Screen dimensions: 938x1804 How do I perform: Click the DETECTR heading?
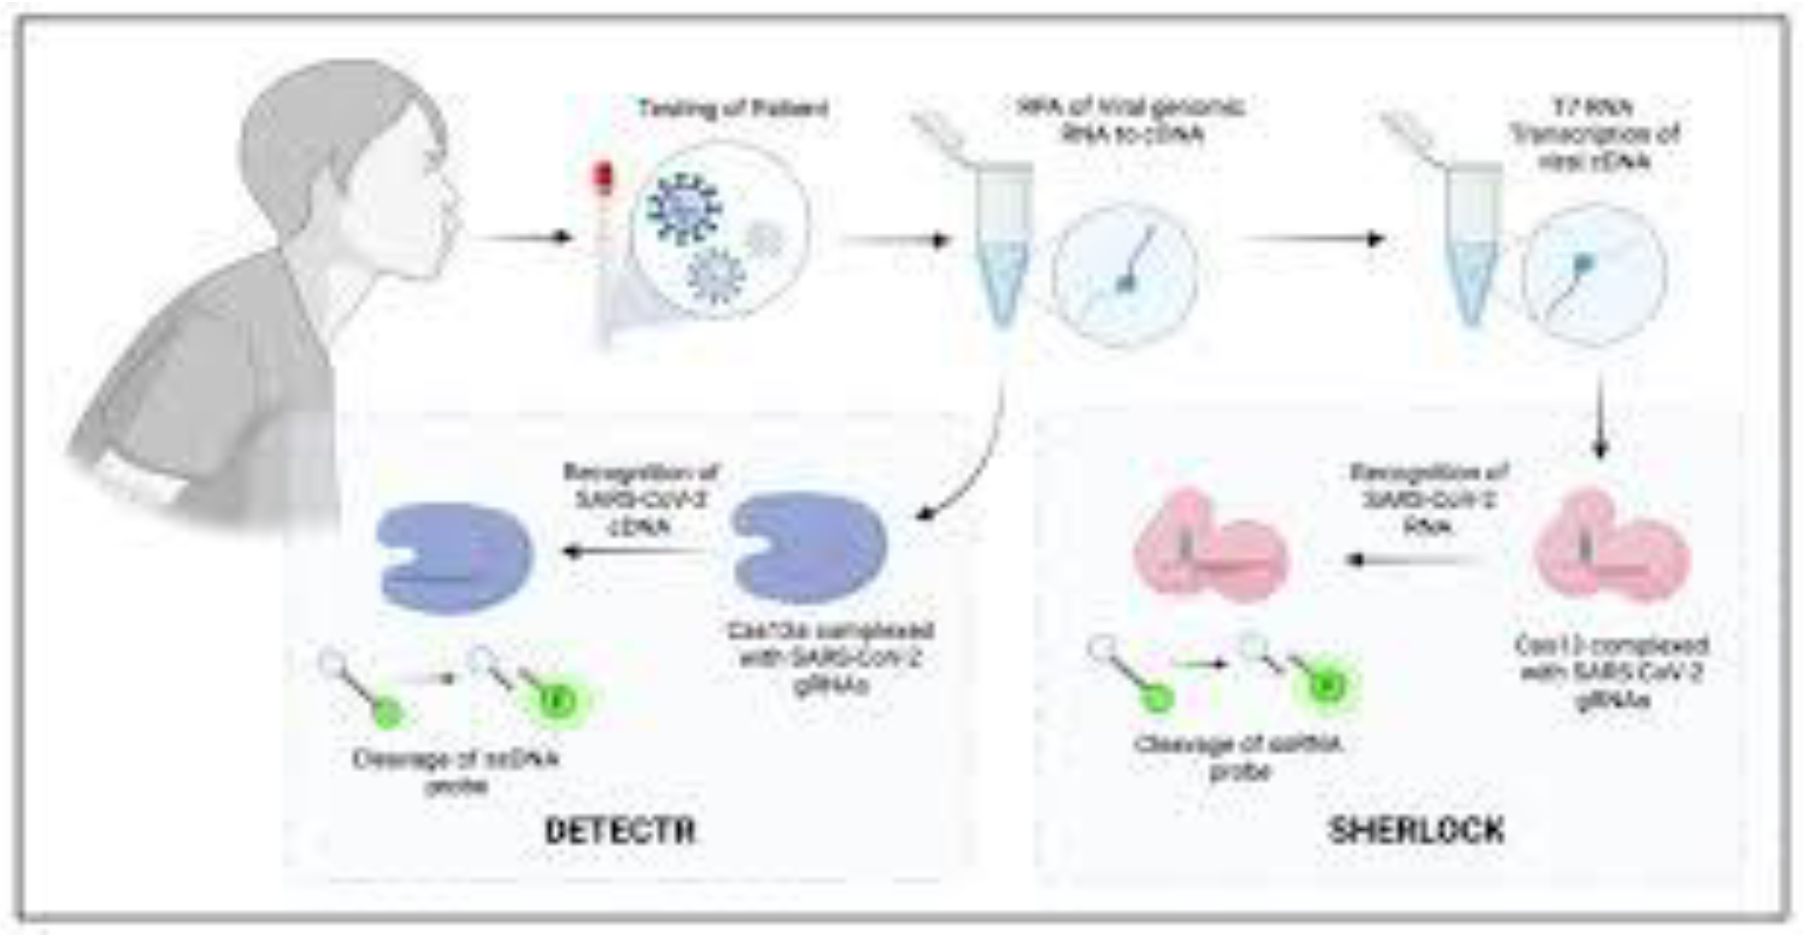pos(620,831)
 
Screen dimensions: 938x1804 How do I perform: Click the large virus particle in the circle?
pos(683,206)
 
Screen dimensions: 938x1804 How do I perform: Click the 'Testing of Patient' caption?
pos(733,109)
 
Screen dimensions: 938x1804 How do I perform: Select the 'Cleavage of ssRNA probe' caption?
pos(1238,756)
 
